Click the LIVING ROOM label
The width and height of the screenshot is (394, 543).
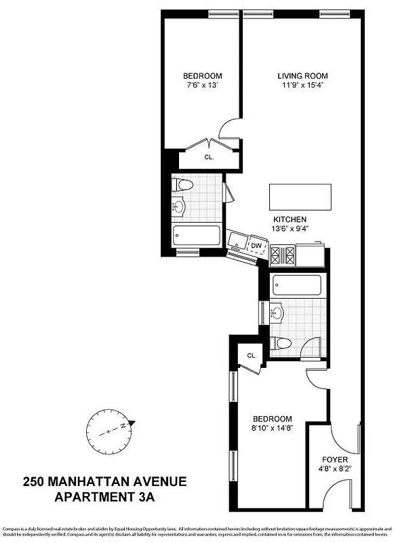point(302,75)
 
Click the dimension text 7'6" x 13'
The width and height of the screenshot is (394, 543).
point(203,86)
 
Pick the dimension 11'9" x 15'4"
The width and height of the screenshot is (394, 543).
point(302,86)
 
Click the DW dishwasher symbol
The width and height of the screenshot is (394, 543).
point(256,246)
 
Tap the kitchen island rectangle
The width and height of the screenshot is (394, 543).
point(302,197)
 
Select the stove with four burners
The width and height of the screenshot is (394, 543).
point(283,255)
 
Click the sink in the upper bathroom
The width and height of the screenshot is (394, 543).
point(180,206)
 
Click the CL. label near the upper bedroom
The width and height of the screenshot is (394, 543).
point(209,157)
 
